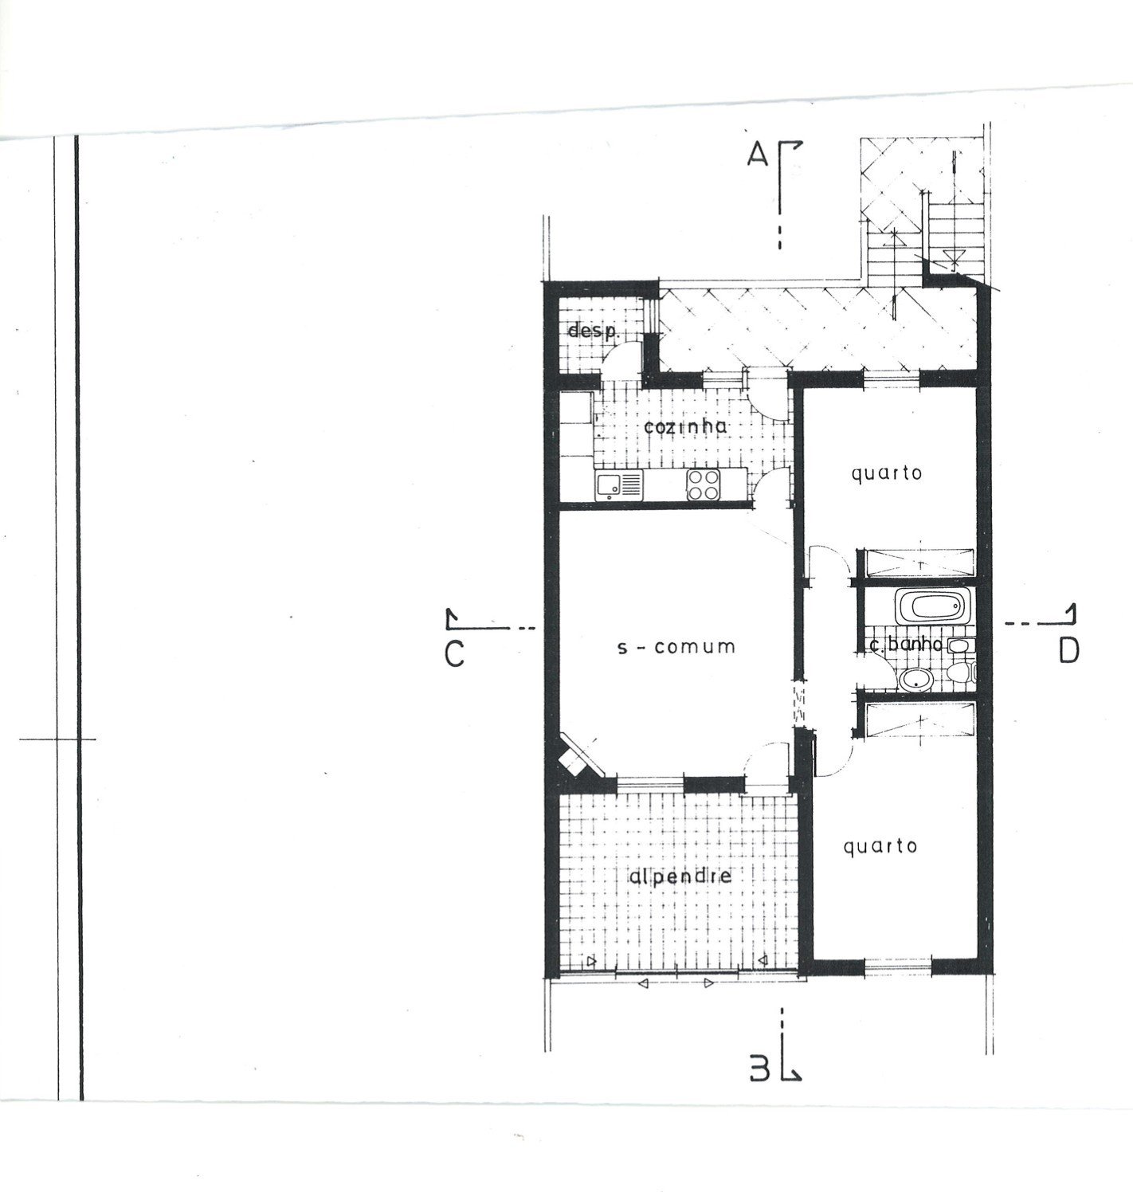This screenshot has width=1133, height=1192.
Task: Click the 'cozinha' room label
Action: coord(684,426)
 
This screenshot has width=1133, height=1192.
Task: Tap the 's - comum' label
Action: coord(676,647)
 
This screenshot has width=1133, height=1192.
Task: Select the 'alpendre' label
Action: coord(680,876)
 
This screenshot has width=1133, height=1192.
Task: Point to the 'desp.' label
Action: coord(593,331)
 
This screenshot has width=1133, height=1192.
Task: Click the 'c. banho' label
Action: coord(906,645)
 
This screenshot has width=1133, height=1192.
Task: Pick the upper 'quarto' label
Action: coord(886,473)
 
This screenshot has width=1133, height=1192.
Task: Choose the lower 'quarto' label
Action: coord(880,846)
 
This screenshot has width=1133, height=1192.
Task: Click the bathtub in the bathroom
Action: coord(933,607)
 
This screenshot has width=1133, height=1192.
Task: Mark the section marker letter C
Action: coord(454,654)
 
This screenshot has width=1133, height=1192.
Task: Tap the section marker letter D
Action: coord(1069,651)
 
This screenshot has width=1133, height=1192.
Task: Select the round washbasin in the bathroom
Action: coord(916,680)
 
